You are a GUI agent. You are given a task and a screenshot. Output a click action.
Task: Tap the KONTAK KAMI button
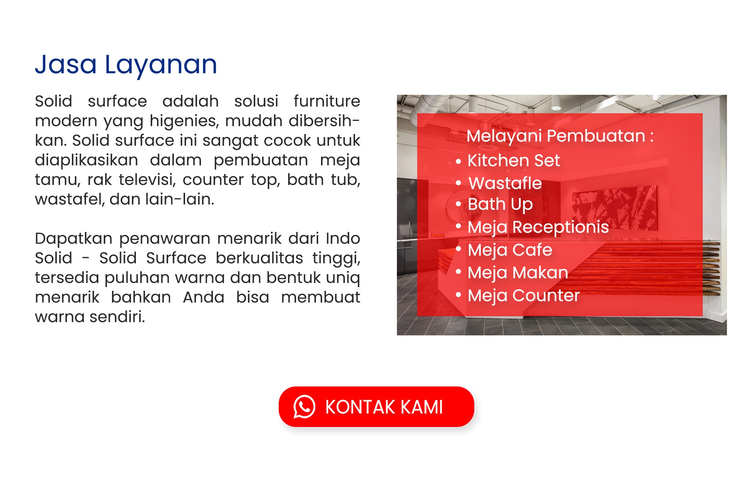coord(376,407)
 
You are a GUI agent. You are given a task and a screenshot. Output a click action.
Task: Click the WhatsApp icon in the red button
coord(304,407)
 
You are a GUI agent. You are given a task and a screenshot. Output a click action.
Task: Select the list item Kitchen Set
coord(513,160)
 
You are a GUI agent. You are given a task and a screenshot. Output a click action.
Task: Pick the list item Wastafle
coord(505,183)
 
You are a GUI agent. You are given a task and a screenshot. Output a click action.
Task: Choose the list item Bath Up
coord(500,205)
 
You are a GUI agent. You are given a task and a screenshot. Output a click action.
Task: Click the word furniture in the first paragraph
coord(327,101)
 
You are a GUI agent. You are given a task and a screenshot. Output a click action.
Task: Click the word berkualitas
coord(259,258)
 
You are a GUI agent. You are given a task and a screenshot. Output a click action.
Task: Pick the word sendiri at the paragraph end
coord(117,317)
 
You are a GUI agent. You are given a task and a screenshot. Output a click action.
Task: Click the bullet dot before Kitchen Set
coord(458,161)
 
